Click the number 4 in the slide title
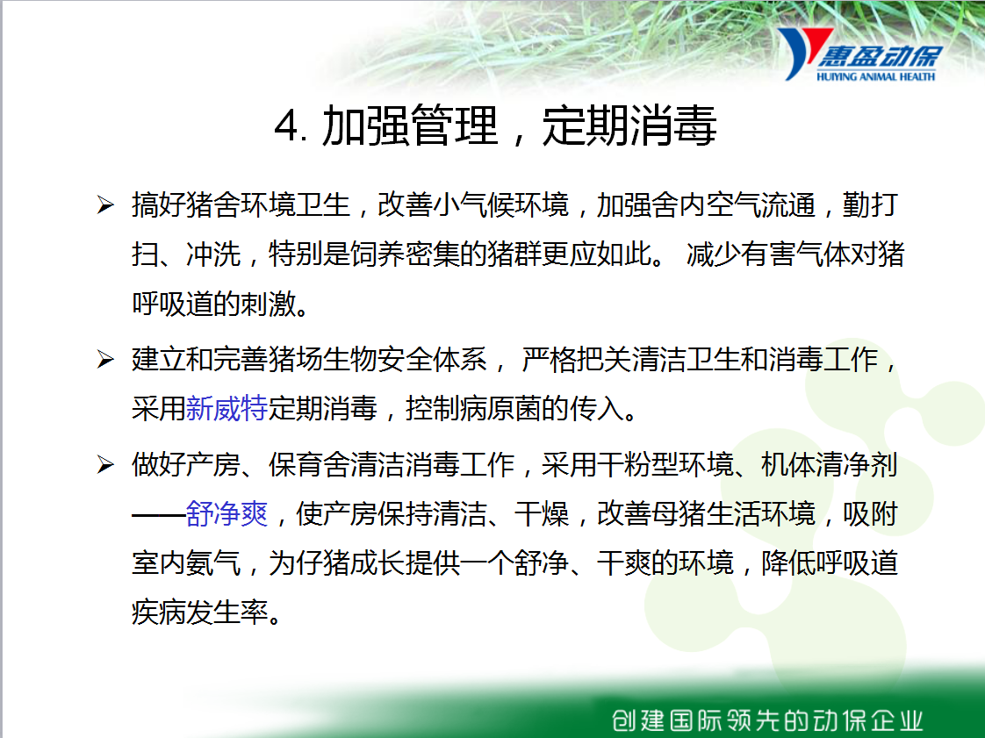click(287, 126)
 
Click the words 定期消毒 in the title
click(629, 125)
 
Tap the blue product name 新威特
click(226, 408)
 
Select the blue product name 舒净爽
click(226, 513)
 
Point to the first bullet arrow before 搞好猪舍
click(105, 204)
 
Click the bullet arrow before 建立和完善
click(105, 359)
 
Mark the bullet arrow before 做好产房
click(105, 465)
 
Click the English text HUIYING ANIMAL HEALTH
click(875, 76)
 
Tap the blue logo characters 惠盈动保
click(880, 56)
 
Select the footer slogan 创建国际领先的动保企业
click(767, 720)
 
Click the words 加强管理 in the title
click(410, 125)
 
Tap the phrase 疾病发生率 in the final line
click(200, 612)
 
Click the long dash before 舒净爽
click(158, 515)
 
